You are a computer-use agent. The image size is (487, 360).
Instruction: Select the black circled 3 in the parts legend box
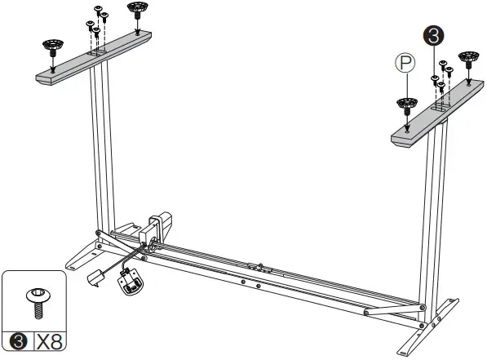[15, 342]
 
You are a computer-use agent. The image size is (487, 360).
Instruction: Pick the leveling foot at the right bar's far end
[467, 60]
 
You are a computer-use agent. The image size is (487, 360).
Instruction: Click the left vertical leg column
[101, 147]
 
